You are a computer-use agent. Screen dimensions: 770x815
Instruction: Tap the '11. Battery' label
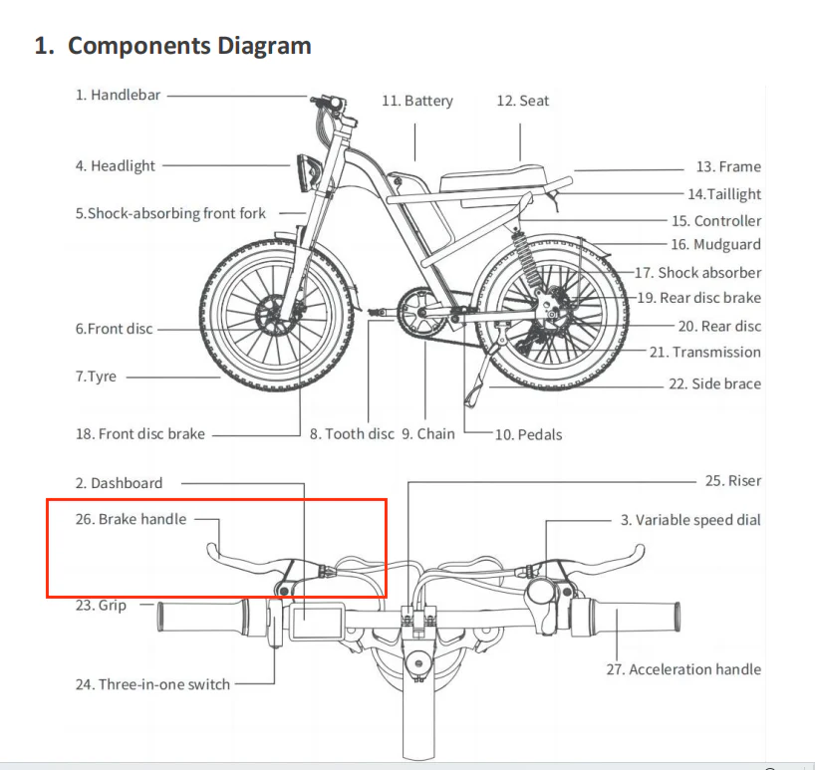[416, 101]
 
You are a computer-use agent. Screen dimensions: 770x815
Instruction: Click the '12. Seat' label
[522, 101]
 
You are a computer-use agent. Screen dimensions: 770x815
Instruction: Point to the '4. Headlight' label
[115, 166]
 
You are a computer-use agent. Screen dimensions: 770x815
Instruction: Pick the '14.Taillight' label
[723, 194]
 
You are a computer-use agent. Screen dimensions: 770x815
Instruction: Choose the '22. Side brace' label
[713, 384]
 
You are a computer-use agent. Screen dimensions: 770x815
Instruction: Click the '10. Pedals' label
[528, 434]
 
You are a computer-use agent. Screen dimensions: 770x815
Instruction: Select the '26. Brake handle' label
[131, 519]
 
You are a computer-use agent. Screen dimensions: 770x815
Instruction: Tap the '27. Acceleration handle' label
[682, 669]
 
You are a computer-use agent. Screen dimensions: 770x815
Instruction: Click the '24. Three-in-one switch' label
[151, 684]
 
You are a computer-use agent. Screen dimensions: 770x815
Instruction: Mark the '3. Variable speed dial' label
[689, 520]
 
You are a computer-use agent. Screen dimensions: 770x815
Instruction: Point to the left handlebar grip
[204, 618]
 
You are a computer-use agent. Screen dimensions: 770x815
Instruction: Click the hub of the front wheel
[278, 317]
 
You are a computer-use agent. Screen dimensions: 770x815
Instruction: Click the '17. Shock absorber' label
[697, 272]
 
